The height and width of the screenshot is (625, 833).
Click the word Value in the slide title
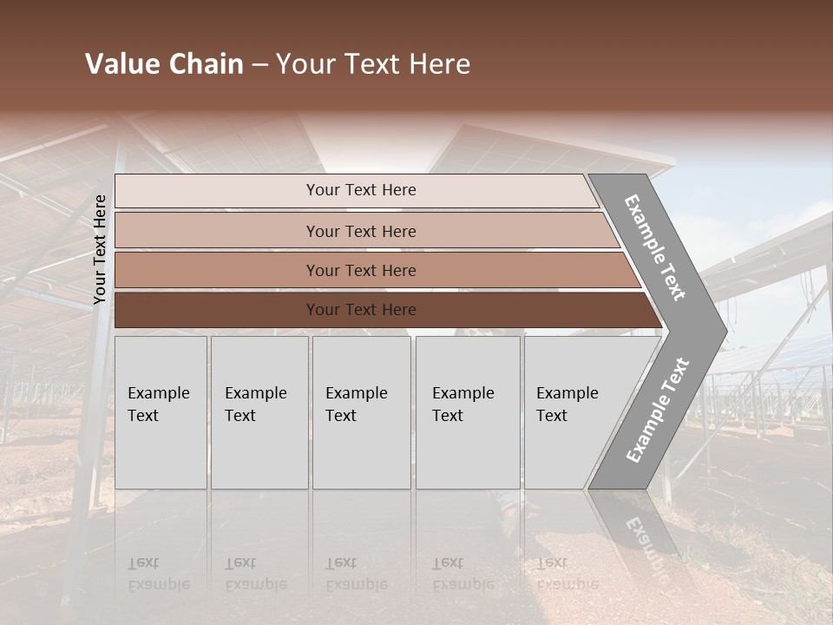pos(120,64)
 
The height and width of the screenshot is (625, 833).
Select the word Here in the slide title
pos(439,64)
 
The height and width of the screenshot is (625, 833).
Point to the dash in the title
pos(259,65)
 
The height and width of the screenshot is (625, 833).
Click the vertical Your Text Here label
pos(100,249)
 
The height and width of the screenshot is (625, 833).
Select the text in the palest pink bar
pos(361,190)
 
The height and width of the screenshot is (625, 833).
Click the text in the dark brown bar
pos(361,310)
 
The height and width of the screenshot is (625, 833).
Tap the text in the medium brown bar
pos(361,271)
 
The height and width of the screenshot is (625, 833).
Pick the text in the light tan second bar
pos(361,232)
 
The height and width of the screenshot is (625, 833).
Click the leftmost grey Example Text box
pos(161,412)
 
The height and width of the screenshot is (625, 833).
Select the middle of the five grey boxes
pos(361,412)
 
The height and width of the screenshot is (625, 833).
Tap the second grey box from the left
pos(259,412)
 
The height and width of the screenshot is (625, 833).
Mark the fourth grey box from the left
pos(468,412)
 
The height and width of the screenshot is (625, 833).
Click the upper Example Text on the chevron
pos(655,247)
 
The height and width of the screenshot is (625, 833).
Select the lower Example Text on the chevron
pos(658,410)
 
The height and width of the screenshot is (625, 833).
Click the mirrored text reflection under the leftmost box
pos(159,574)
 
